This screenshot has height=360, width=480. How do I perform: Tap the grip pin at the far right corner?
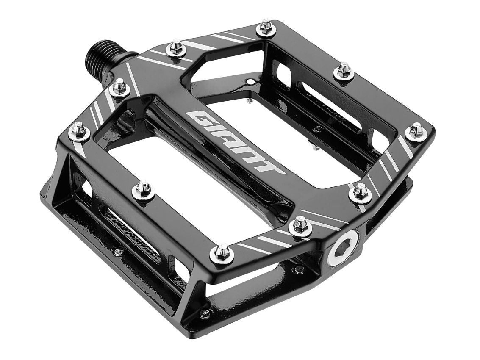pos(416,131)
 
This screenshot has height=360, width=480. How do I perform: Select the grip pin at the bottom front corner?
pos(222,254)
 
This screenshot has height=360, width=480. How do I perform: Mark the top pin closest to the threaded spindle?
pos(120,87)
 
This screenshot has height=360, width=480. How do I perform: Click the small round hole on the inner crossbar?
pos(253,81)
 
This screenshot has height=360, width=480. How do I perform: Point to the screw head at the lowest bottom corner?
pos(205,314)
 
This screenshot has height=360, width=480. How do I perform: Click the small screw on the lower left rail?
pos(119,252)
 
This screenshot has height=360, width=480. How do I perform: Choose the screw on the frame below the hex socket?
pos(300,269)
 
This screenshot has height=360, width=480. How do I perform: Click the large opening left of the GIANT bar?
pos(178,178)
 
